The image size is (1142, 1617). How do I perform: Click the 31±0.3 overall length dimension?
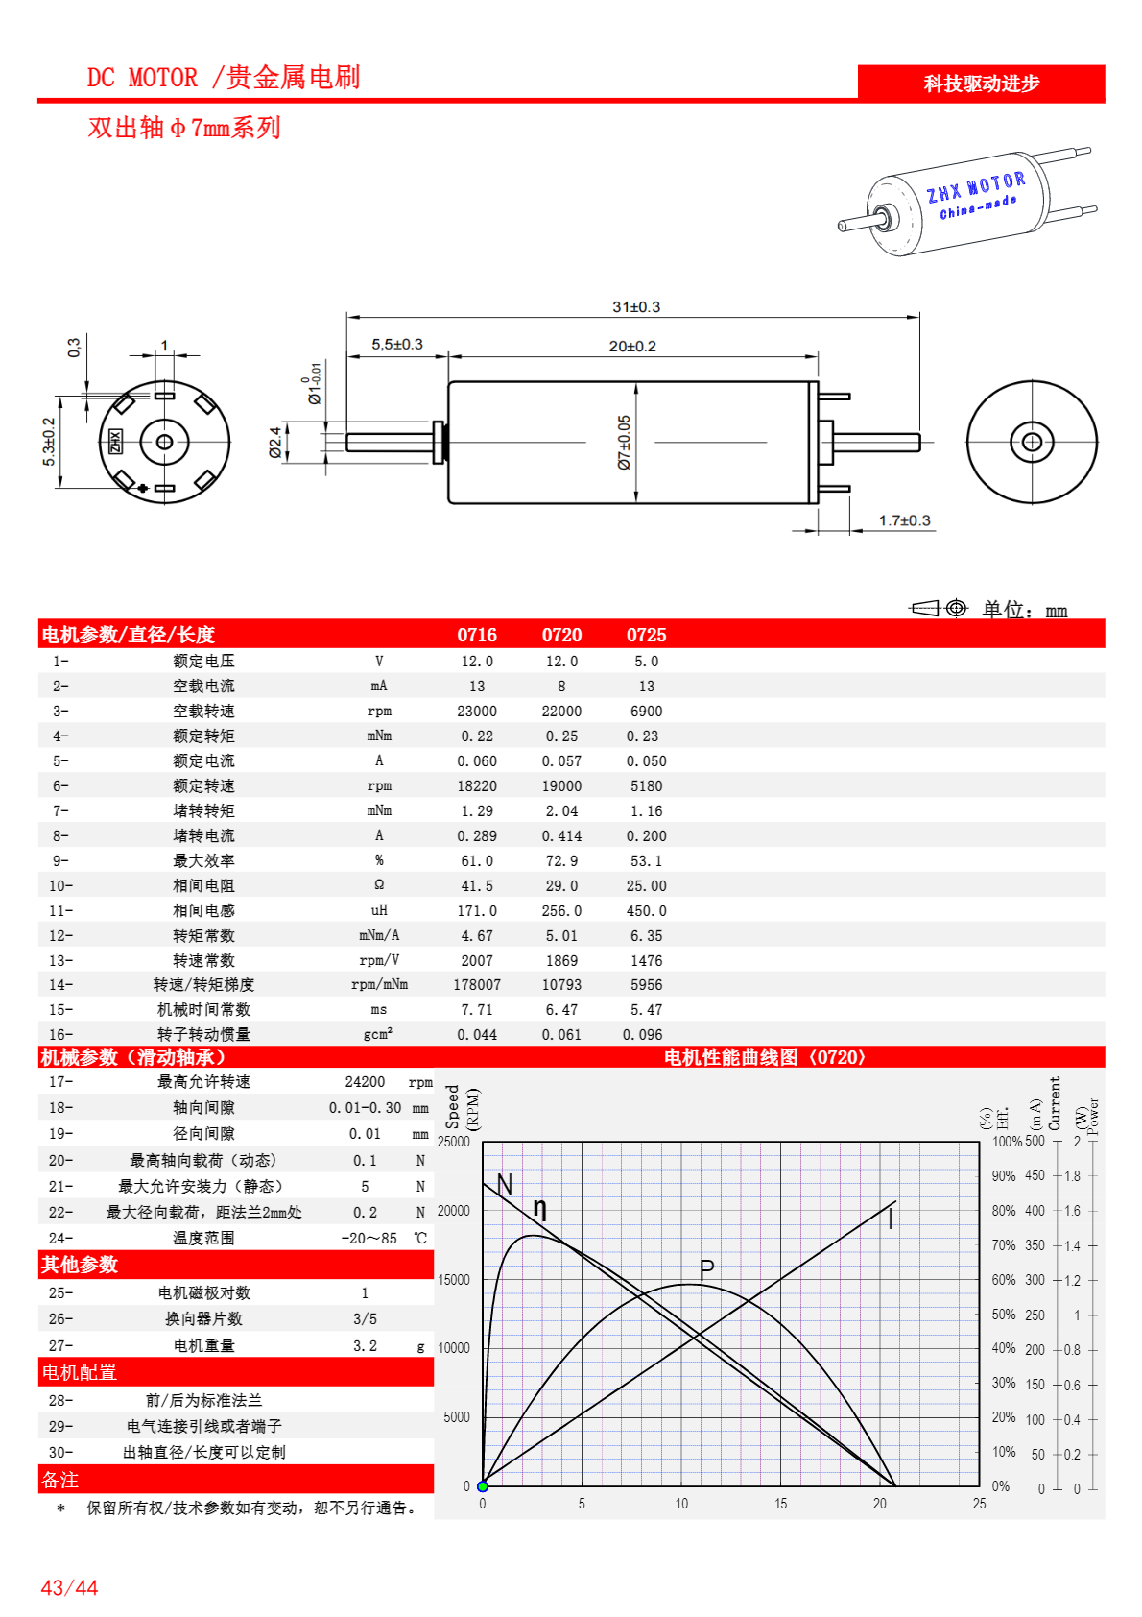tap(636, 307)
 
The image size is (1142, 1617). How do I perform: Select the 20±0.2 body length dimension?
tap(632, 346)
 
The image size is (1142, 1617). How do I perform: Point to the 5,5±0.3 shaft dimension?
tap(397, 344)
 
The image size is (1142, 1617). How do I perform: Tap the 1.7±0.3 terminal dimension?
tap(904, 520)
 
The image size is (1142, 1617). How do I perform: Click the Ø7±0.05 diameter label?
tap(624, 442)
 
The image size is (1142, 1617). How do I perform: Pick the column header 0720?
tap(561, 635)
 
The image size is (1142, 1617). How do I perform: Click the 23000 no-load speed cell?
tap(477, 712)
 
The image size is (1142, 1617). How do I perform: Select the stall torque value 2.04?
tap(561, 811)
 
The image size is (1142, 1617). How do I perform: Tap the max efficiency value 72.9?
tap(561, 861)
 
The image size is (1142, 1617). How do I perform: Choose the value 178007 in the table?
tap(477, 985)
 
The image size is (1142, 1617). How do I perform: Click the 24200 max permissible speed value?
tap(365, 1082)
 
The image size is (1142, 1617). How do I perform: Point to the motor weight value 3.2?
tap(365, 1346)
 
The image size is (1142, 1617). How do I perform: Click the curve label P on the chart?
tap(707, 1269)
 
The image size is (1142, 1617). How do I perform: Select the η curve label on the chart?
tap(540, 1209)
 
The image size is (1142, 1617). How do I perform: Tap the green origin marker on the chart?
tap(483, 1486)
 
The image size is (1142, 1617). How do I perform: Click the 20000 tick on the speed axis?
tap(454, 1211)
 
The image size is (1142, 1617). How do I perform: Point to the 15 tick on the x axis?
tap(781, 1504)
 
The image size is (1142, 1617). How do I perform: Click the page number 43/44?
tap(69, 1588)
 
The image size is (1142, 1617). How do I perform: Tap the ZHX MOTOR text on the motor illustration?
tap(975, 188)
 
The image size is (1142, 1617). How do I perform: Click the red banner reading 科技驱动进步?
tap(981, 84)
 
